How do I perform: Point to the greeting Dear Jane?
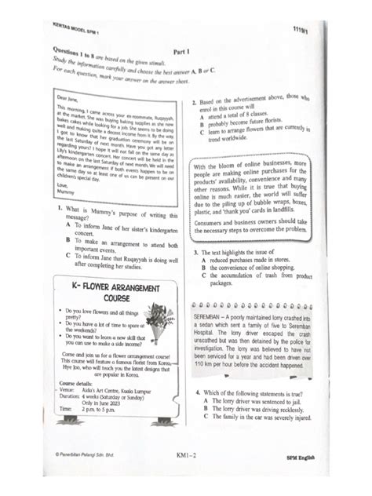coord(69,97)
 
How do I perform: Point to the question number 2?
coord(195,103)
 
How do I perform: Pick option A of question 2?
coord(202,117)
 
